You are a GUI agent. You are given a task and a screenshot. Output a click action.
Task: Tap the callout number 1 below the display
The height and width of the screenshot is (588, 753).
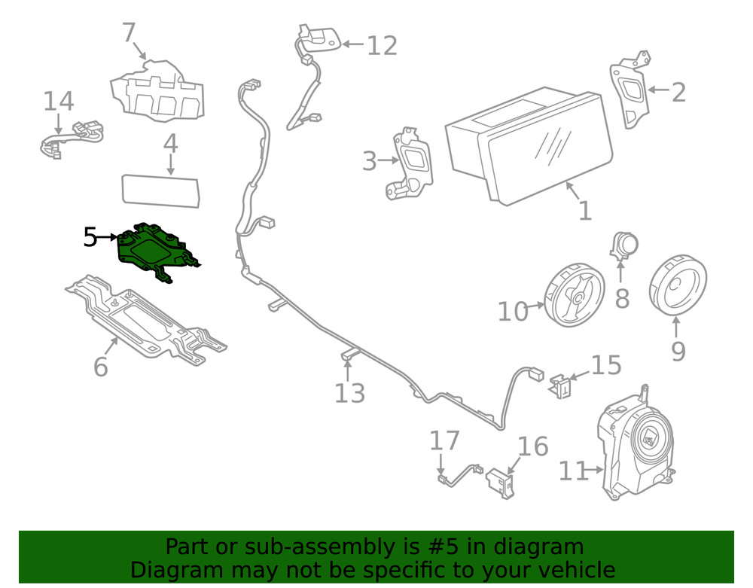click(584, 210)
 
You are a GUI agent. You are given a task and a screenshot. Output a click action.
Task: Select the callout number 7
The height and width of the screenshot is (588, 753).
click(129, 33)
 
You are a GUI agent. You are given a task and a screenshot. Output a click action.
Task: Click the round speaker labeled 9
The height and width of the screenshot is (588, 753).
click(678, 286)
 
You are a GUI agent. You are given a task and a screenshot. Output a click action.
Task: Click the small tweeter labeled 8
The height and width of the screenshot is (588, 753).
click(624, 245)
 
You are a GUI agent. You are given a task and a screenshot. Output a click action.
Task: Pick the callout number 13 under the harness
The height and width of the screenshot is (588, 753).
click(349, 392)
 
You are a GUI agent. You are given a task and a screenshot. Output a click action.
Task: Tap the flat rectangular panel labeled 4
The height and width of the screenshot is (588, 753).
click(161, 190)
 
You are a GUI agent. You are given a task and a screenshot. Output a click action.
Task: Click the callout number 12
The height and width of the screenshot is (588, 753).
click(382, 46)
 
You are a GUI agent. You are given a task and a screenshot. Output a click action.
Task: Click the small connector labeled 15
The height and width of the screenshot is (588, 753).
click(560, 385)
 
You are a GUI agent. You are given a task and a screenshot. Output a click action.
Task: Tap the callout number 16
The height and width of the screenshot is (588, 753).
click(533, 446)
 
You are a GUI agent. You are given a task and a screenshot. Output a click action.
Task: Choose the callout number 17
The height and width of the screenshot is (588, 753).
click(444, 440)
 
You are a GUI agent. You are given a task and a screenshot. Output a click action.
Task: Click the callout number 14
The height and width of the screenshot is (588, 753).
click(58, 102)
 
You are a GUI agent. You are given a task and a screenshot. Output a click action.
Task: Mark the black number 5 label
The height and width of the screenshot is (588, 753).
click(90, 238)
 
